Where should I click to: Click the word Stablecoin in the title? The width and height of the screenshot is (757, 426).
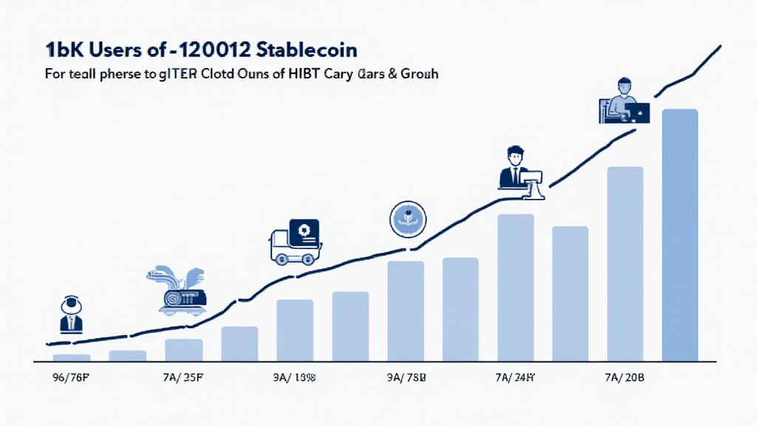pos(309,51)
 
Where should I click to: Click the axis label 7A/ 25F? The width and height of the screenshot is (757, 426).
pos(182,376)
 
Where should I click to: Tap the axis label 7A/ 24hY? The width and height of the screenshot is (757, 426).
pos(515,376)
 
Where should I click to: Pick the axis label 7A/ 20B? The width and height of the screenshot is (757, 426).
pos(625,376)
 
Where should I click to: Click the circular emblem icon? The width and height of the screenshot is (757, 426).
pos(407,218)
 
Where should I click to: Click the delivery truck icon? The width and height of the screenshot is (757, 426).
pos(295,240)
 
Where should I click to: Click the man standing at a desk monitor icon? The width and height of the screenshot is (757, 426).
pos(520,172)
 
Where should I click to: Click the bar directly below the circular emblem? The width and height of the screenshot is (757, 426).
pos(406,311)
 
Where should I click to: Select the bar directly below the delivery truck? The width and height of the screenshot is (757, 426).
pos(295,330)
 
